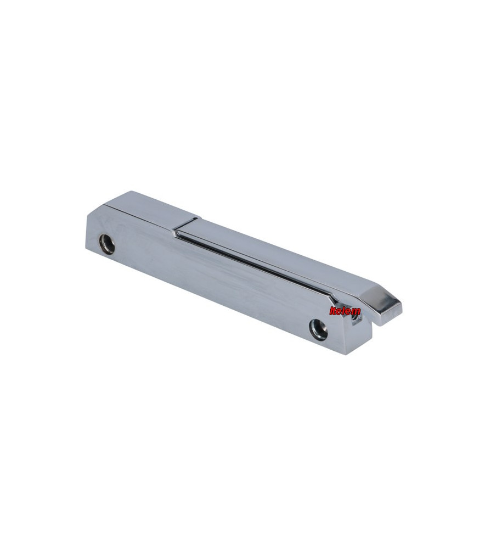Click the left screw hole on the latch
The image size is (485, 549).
pyautogui.click(x=106, y=243)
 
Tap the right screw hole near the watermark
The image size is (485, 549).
pyautogui.click(x=318, y=328)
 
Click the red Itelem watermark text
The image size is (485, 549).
pyautogui.click(x=345, y=311)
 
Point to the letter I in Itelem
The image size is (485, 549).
pyautogui.click(x=331, y=311)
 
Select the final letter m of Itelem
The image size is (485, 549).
pyautogui.click(x=356, y=312)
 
